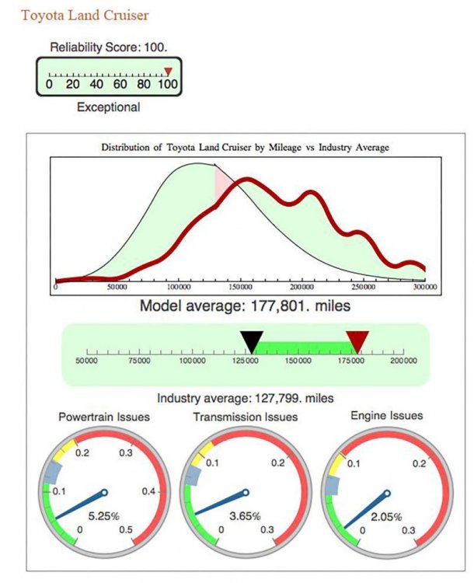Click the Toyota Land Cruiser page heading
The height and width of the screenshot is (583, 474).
(85, 15)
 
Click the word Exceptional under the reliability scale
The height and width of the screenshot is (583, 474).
(109, 107)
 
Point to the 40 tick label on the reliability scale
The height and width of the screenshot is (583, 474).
(96, 84)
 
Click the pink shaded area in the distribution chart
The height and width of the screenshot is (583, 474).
(223, 185)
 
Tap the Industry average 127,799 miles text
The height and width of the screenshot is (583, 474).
(246, 399)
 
